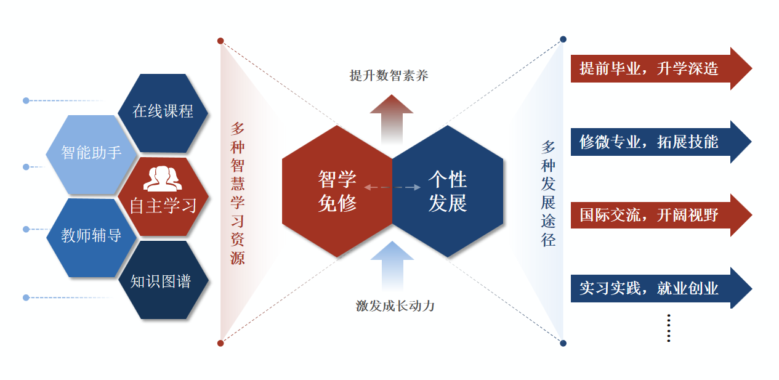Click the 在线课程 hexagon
(163, 111)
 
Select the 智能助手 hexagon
(92, 153)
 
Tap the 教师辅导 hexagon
(91, 235)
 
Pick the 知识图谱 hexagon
(161, 281)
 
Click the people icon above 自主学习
(163, 179)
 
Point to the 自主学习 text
(163, 206)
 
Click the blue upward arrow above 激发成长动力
(392, 265)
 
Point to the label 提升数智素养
(389, 76)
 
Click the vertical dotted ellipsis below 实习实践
(669, 328)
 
